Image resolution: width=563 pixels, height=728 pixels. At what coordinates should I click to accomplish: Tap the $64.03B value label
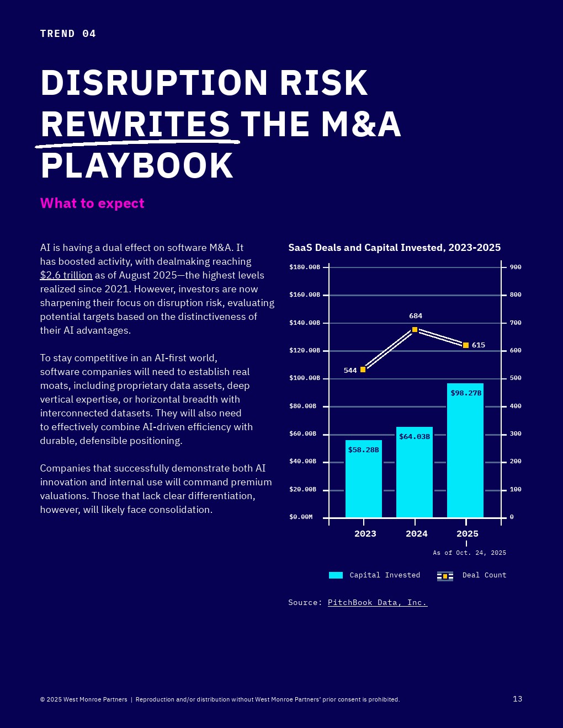tap(415, 437)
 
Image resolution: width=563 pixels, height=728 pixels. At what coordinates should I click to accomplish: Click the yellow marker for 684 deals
tap(415, 329)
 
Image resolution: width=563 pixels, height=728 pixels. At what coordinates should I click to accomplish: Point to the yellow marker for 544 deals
tap(363, 370)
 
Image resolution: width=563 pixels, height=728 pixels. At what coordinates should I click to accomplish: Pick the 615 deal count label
tap(479, 345)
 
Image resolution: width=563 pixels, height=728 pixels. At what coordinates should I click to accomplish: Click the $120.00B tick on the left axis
tap(305, 350)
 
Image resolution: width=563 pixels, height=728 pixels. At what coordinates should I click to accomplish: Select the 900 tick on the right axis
tap(516, 267)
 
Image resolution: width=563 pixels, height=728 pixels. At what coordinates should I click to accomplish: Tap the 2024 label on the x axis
tap(416, 533)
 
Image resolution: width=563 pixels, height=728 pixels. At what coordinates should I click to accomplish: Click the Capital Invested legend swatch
tap(336, 575)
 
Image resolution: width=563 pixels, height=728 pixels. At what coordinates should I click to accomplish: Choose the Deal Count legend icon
tap(445, 576)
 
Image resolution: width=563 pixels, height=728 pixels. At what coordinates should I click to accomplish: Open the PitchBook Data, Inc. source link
tap(378, 603)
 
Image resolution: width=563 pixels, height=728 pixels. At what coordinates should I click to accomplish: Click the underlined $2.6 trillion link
tap(66, 275)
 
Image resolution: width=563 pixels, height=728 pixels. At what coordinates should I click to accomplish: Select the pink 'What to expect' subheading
tap(92, 204)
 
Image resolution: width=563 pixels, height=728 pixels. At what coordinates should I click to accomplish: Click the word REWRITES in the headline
tap(135, 124)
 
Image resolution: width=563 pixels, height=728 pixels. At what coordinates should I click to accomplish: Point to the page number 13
tap(517, 699)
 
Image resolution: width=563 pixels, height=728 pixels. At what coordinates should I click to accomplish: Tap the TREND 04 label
tap(68, 34)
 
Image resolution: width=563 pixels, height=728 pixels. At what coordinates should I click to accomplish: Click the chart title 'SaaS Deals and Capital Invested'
tap(394, 248)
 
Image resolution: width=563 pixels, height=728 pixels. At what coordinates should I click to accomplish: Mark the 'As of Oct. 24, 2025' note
tap(469, 553)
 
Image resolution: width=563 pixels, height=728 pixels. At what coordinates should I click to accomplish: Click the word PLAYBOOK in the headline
tap(137, 165)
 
